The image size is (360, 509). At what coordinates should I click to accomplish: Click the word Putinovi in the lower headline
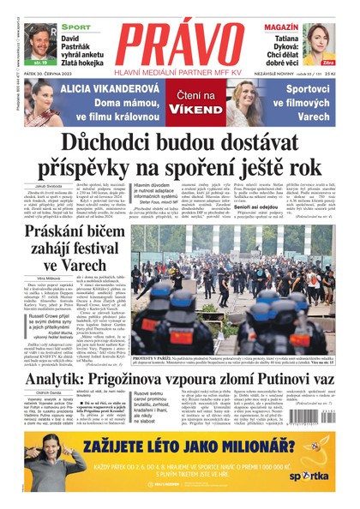point(285,354)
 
